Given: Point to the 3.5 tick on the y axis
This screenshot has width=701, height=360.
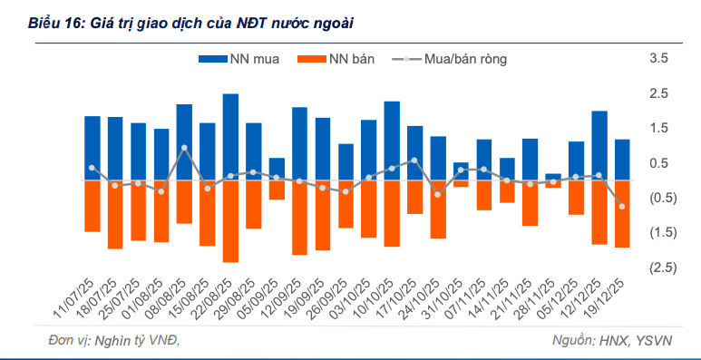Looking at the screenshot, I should [659, 59].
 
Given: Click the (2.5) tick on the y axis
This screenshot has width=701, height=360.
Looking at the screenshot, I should [659, 267].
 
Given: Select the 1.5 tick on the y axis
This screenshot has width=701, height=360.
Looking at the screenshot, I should [659, 129].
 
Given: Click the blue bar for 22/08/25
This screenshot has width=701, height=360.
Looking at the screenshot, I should [230, 137].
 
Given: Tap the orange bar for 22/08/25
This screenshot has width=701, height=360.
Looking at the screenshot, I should [230, 221].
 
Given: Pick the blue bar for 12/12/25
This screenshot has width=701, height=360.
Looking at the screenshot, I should [599, 146].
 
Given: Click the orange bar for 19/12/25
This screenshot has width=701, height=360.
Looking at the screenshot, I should [622, 214].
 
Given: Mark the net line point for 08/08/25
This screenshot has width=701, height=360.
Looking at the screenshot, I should [185, 148].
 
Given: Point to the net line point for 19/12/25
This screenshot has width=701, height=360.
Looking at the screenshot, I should [622, 207].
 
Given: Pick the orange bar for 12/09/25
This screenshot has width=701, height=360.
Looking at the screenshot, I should [300, 218].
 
